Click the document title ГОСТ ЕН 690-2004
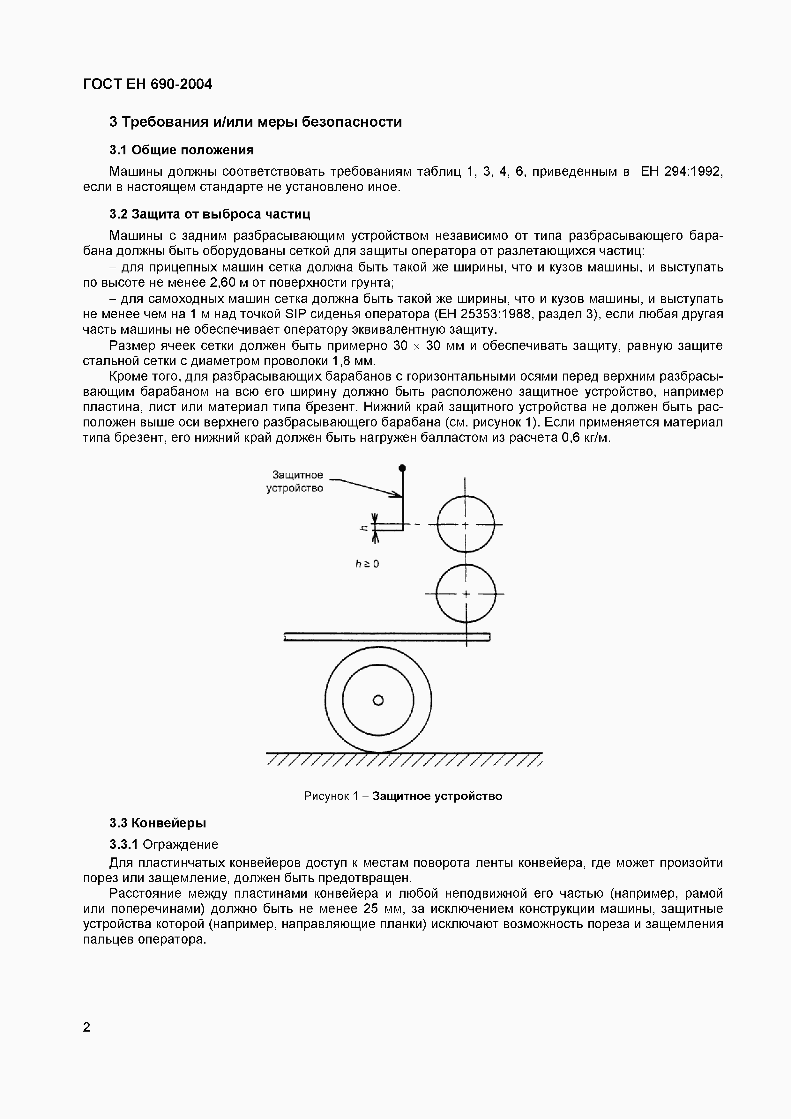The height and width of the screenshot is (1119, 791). [x=148, y=84]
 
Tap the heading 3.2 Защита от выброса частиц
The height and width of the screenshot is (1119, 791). [x=210, y=214]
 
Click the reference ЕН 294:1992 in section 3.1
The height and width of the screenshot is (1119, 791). [x=681, y=172]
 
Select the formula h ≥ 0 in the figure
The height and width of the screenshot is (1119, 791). [x=367, y=564]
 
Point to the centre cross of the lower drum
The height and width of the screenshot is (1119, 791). [x=466, y=594]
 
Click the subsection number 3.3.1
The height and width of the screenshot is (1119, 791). [x=124, y=844]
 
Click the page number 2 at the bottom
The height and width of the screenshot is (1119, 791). [x=87, y=1027]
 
